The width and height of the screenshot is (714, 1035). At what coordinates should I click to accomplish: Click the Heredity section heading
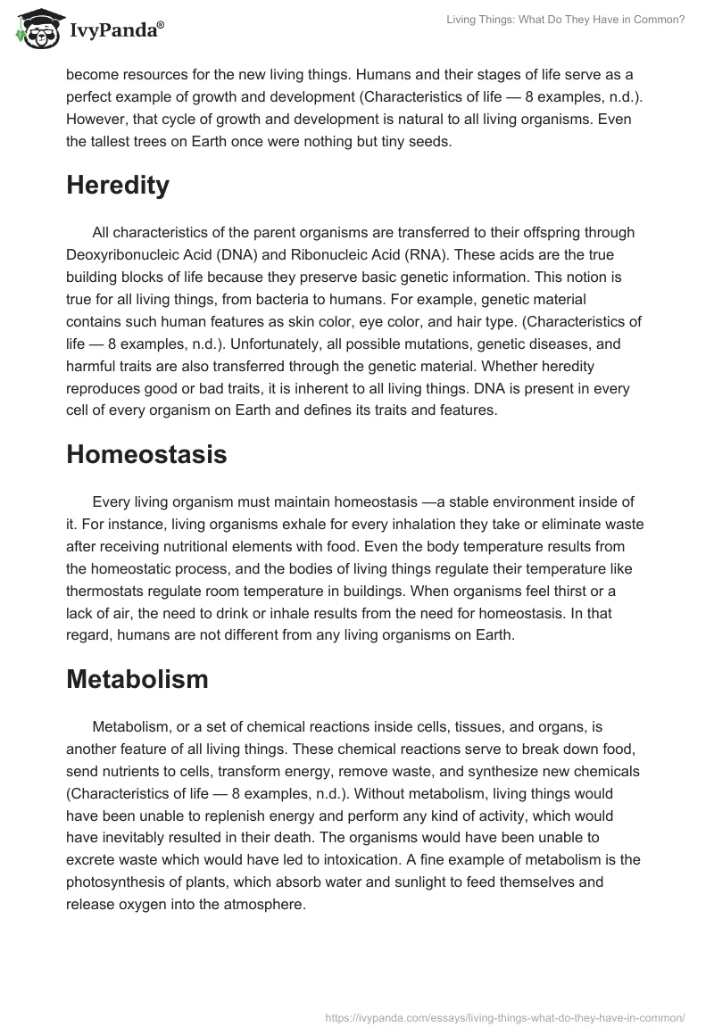coord(118,185)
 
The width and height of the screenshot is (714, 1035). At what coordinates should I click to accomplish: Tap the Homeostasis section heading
coord(146,453)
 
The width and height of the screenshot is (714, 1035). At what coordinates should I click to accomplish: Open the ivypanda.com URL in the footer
coord(506,1016)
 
